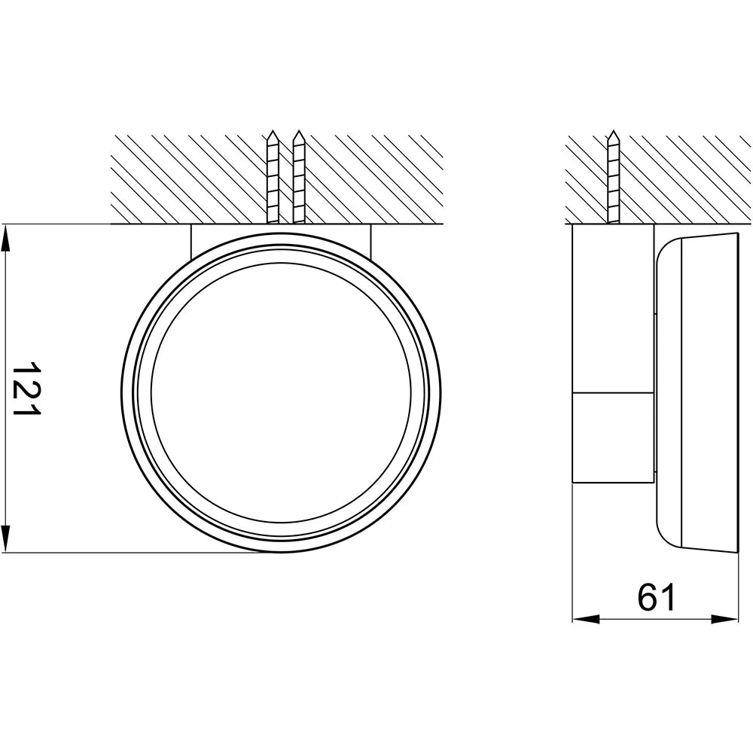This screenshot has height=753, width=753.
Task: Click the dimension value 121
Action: pyautogui.click(x=26, y=389)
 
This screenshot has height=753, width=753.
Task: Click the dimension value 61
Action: pyautogui.click(x=657, y=597)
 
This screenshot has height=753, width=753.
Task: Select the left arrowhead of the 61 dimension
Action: pyautogui.click(x=587, y=620)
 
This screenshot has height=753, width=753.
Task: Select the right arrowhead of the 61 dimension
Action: pyautogui.click(x=724, y=620)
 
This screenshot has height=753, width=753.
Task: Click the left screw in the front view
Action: pyautogui.click(x=273, y=177)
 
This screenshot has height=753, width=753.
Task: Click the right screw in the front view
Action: pyautogui.click(x=299, y=177)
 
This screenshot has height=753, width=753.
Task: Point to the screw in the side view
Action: pyautogui.click(x=613, y=177)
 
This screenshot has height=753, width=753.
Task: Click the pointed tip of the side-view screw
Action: pyautogui.click(x=613, y=130)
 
